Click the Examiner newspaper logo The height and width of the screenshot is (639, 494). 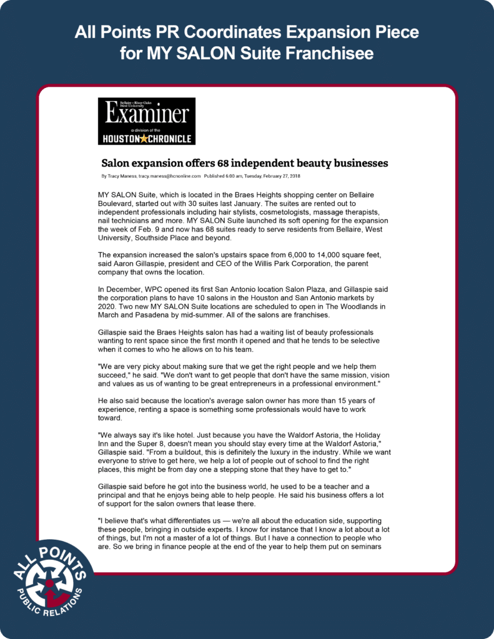pos(147,120)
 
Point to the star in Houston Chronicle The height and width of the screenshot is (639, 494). pos(144,139)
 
